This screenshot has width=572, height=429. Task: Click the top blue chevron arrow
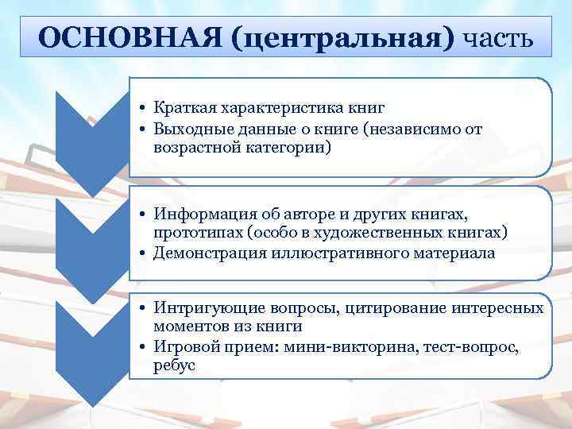93,135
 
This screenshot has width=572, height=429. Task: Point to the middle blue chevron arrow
93,242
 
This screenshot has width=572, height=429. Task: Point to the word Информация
199,214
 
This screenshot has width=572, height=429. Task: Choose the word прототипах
191,234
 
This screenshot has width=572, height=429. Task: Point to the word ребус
174,366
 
